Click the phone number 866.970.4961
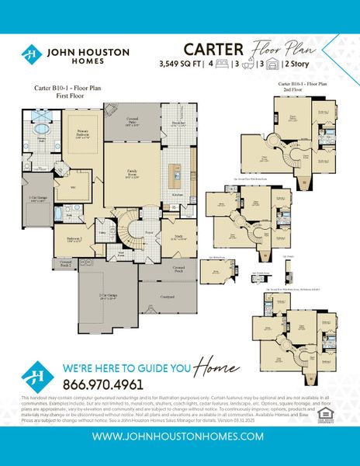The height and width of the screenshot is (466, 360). point(105,384)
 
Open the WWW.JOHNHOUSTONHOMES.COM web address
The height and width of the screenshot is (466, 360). point(180,437)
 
